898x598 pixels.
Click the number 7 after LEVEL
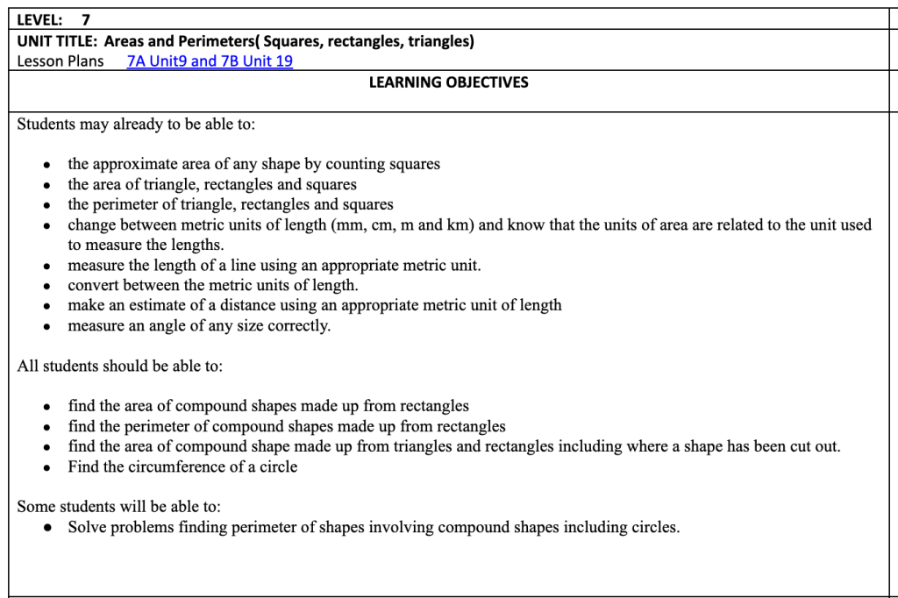tap(86, 19)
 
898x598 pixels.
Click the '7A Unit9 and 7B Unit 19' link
tap(210, 61)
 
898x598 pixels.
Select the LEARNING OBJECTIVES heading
tap(448, 82)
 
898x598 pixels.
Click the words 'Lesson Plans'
tap(61, 61)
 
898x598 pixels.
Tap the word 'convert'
tap(93, 285)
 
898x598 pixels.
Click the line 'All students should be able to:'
tap(120, 366)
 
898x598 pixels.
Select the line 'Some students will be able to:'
tap(119, 507)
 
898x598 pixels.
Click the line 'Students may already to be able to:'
tap(136, 124)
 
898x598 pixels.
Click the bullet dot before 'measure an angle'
tap(47, 327)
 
